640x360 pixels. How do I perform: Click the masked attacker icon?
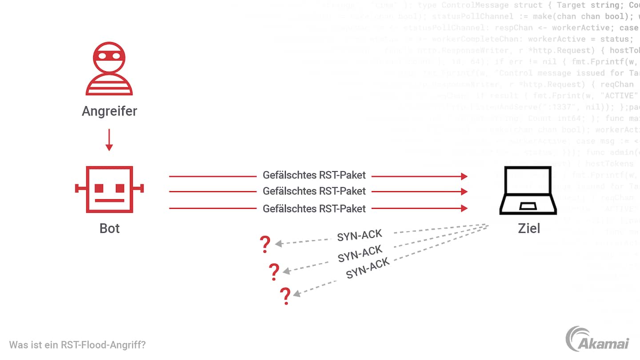click(x=109, y=69)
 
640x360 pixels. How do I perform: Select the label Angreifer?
click(x=109, y=111)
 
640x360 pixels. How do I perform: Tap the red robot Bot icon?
click(x=109, y=189)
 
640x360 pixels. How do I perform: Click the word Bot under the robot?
click(x=109, y=228)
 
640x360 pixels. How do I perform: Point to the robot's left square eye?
click(x=99, y=188)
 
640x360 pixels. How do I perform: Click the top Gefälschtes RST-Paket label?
click(x=314, y=175)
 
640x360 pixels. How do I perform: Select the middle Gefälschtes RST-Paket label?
click(x=314, y=191)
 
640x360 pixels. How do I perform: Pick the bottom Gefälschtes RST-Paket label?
click(x=314, y=208)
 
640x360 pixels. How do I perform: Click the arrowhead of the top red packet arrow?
click(x=464, y=176)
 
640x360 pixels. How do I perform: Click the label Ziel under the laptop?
click(x=529, y=228)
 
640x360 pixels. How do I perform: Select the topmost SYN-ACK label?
click(x=359, y=236)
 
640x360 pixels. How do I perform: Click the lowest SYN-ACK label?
click(x=368, y=268)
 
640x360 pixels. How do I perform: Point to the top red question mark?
click(x=265, y=244)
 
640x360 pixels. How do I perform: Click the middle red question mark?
click(x=274, y=271)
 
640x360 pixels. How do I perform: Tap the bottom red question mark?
click(x=285, y=296)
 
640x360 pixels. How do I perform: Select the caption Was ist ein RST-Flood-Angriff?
click(x=77, y=344)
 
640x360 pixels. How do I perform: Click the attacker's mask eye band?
click(x=109, y=56)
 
